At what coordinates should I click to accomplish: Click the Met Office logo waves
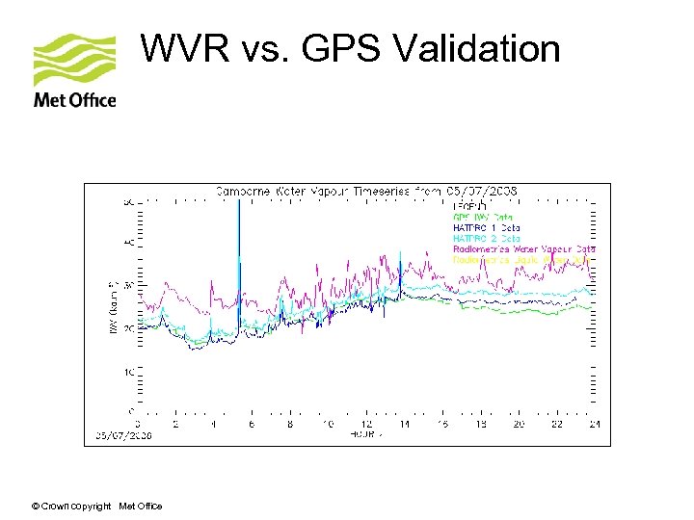[x=74, y=60]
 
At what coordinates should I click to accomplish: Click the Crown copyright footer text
[x=96, y=507]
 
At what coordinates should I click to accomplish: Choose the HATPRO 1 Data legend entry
[x=487, y=227]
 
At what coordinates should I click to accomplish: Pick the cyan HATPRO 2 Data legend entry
[x=487, y=238]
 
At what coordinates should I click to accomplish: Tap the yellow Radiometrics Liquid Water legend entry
[x=520, y=260]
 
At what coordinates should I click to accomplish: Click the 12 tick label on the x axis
[x=365, y=424]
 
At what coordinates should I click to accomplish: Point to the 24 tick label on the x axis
[x=594, y=424]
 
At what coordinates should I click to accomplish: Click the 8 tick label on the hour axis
[x=290, y=424]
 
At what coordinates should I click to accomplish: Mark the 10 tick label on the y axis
[x=127, y=372]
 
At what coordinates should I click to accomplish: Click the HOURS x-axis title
[x=365, y=435]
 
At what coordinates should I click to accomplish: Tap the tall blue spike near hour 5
[x=238, y=250]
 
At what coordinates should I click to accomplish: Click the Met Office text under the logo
[x=74, y=100]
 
